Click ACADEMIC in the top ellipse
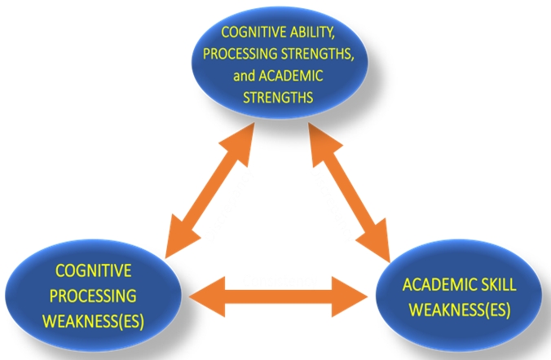pos(292,76)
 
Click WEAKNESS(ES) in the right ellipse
pos(459,310)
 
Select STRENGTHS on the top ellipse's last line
pos(277,96)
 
